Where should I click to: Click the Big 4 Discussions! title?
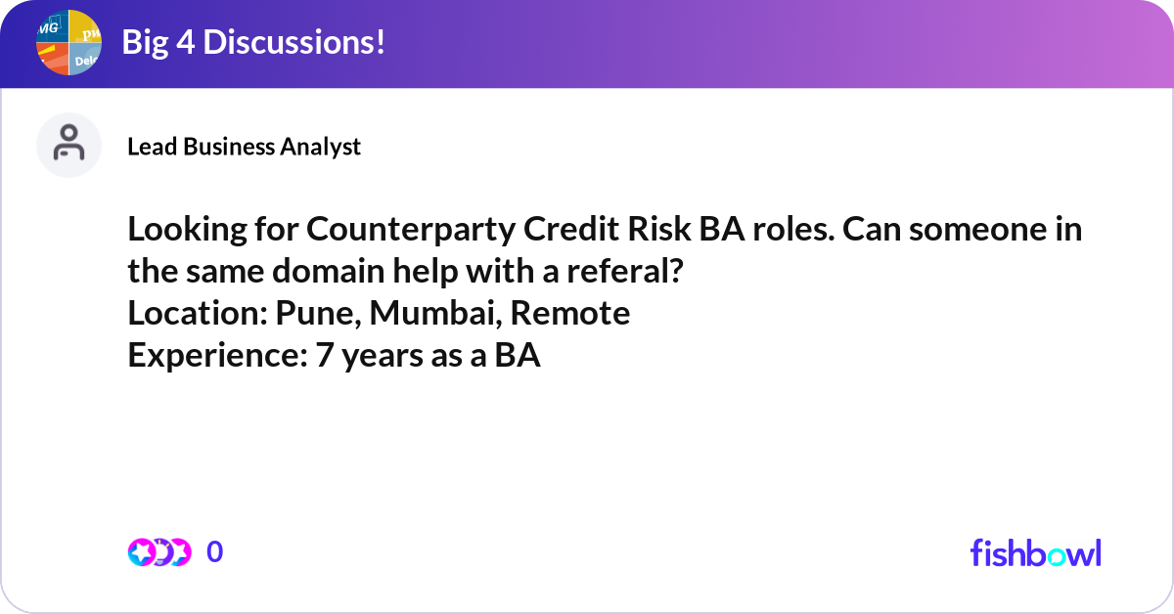[x=253, y=42]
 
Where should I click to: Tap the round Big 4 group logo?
[x=68, y=42]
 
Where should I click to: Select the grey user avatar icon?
[x=68, y=145]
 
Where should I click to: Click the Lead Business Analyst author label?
[x=244, y=147]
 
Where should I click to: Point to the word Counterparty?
[x=410, y=231]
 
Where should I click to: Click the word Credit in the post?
[x=570, y=229]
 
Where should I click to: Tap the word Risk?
[x=658, y=229]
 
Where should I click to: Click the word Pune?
[x=318, y=314]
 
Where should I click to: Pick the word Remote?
[x=569, y=313]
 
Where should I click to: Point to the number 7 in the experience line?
[x=325, y=355]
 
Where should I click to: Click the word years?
[x=383, y=358]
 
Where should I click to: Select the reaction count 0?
[x=214, y=551]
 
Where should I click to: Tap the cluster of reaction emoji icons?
[x=159, y=552]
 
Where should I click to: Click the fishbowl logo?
[x=1036, y=552]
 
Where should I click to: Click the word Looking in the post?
[x=187, y=231]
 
